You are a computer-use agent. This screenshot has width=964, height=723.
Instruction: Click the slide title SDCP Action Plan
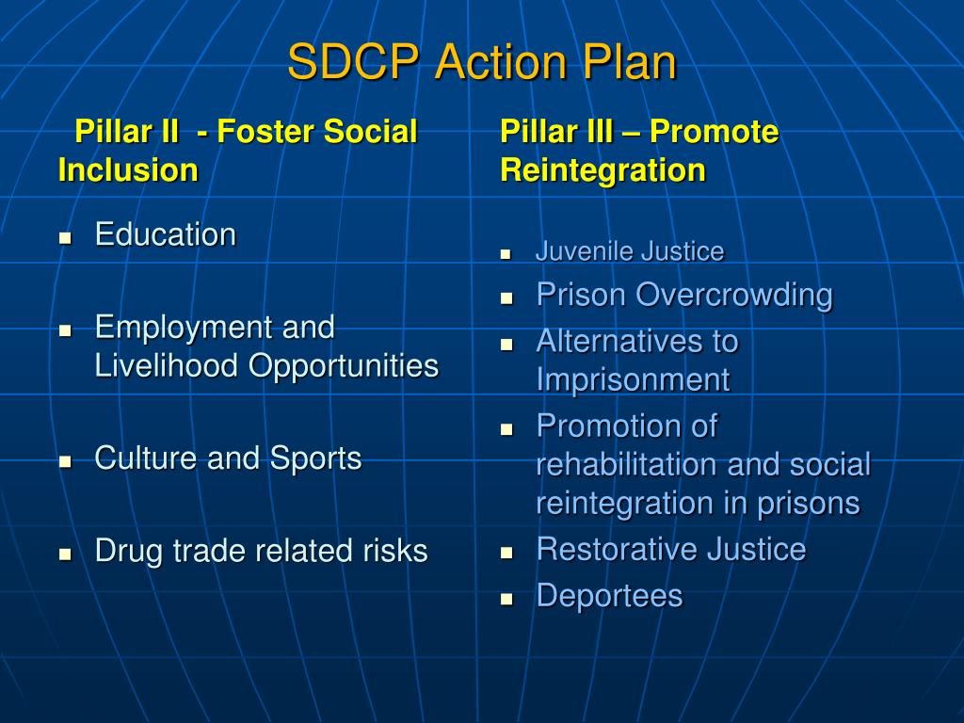click(x=481, y=63)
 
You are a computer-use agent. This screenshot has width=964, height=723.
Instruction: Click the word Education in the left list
click(x=165, y=234)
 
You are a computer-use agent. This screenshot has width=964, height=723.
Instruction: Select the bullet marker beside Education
click(x=65, y=238)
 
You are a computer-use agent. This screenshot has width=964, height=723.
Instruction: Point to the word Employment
click(x=175, y=328)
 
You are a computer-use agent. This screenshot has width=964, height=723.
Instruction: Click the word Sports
click(x=315, y=458)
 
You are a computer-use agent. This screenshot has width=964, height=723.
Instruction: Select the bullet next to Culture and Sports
click(x=65, y=462)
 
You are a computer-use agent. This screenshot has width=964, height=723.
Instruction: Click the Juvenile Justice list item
click(x=629, y=251)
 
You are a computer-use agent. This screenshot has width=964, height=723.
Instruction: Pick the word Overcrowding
click(x=734, y=296)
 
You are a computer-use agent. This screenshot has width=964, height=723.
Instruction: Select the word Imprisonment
click(x=633, y=379)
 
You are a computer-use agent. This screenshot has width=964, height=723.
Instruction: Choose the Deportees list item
click(x=609, y=595)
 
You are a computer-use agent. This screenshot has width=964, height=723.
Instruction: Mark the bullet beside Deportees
click(x=506, y=598)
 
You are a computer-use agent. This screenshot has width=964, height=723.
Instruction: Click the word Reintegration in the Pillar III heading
click(x=602, y=170)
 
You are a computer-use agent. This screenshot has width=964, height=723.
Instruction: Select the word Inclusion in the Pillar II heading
click(x=128, y=170)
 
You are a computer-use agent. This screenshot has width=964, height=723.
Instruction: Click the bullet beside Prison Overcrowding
click(x=506, y=297)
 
